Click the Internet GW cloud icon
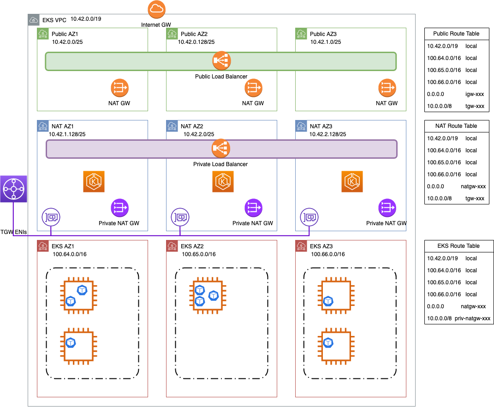[157, 9]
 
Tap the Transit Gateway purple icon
[14, 189]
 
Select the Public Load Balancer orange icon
[221, 60]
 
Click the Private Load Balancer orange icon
[220, 149]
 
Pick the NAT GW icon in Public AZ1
[119, 88]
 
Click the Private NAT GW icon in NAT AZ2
[253, 208]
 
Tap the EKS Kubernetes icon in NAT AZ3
[353, 181]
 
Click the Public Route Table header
[456, 34]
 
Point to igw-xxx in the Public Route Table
[474, 94]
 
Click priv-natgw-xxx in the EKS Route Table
[472, 318]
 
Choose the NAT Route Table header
[456, 126]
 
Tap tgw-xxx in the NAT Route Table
[474, 198]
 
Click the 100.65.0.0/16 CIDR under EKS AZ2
[198, 254]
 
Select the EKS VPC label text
[54, 20]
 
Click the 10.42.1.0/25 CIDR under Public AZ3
[325, 42]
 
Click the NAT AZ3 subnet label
[321, 126]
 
